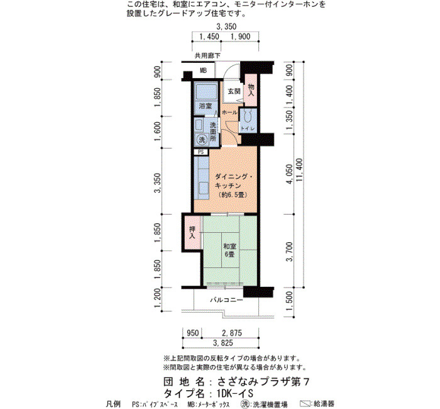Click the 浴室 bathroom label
(205, 106)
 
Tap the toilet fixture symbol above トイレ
(247, 116)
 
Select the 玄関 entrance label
(234, 91)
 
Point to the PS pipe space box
(201, 152)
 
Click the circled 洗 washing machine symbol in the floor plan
(202, 140)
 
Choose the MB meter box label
(203, 70)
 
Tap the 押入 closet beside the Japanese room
(192, 232)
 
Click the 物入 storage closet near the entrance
(251, 90)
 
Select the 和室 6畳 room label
(229, 250)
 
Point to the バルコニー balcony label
(227, 300)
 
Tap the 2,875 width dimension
(232, 333)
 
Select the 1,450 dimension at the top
(209, 36)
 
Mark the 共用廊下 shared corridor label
(207, 55)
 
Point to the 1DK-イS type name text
(235, 393)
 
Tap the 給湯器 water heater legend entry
(317, 404)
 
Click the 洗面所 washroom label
(213, 132)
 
